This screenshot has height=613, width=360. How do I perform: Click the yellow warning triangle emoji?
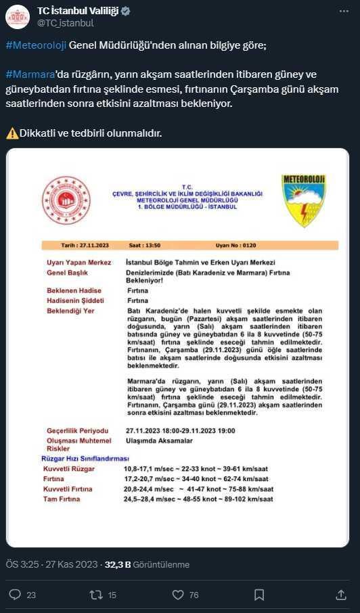(12, 133)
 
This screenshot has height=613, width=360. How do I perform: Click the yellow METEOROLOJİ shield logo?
(305, 200)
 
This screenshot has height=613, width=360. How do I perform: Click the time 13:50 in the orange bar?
(179, 245)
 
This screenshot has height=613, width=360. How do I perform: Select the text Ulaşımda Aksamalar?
(159, 440)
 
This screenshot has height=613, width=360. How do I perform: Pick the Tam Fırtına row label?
(62, 499)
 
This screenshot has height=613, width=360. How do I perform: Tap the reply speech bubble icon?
(14, 595)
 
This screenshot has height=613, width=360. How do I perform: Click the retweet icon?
(95, 595)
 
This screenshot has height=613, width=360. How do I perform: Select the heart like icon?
(178, 595)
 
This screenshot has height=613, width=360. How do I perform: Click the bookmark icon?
(259, 595)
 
